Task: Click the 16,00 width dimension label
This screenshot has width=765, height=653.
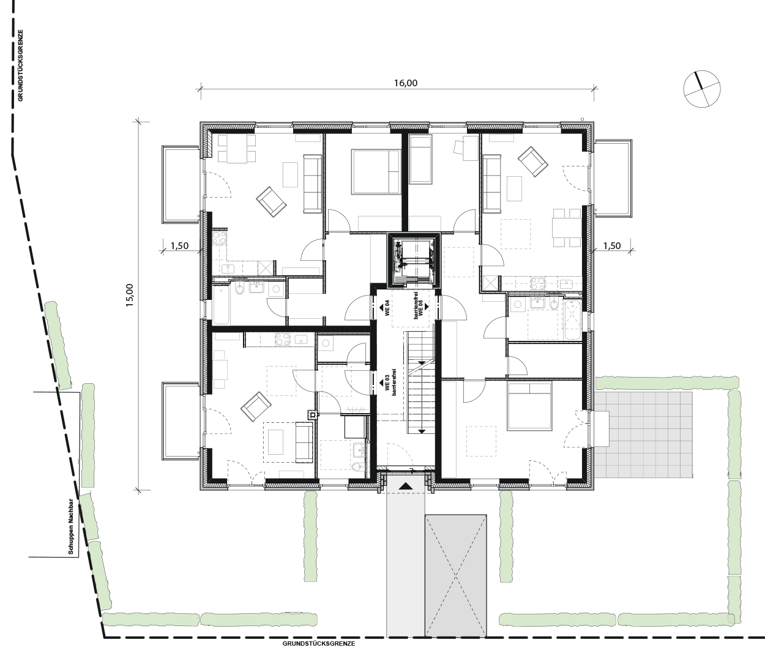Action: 406,83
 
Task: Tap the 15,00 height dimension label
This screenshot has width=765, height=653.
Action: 130,295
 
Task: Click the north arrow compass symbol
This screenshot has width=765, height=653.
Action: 702,89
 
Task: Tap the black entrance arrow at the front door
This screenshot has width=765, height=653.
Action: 406,486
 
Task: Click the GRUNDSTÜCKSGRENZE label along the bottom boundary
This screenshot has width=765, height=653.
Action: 319,644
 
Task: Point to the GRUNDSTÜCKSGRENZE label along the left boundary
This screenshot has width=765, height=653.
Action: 20,65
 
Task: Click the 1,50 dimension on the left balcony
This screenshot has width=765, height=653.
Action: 180,246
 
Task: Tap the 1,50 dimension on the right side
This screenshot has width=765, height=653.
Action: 612,246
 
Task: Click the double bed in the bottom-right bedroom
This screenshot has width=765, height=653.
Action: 529,406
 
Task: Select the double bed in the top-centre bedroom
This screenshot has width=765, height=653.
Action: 376,171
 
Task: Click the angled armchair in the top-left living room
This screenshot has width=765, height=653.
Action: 271,202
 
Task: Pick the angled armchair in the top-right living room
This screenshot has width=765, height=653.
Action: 532,162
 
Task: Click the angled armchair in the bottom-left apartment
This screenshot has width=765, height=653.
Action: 256,406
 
